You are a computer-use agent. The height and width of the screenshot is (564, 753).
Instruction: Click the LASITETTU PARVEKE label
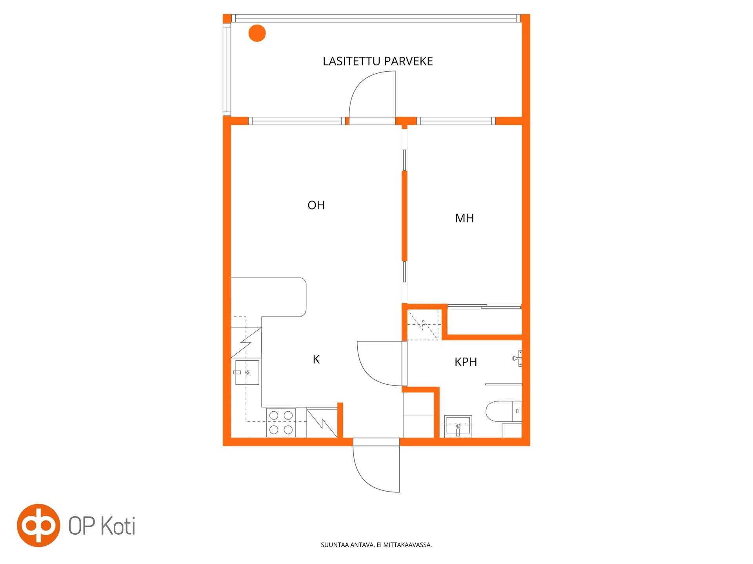point(378,61)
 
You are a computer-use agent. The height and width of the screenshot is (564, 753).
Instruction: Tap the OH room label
point(316,205)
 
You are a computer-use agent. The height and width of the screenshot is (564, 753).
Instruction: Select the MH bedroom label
point(464,218)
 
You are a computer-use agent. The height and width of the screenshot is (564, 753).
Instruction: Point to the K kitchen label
point(316,359)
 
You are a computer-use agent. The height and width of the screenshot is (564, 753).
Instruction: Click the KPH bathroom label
point(466,362)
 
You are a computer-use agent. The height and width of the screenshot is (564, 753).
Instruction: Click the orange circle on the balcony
point(257,33)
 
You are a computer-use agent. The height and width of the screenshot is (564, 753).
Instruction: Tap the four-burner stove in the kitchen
point(281,422)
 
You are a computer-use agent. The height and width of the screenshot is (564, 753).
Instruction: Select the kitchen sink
point(247,372)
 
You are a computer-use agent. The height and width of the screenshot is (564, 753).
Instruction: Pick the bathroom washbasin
point(458,426)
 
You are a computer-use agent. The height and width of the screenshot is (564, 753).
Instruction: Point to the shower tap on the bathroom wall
point(517,358)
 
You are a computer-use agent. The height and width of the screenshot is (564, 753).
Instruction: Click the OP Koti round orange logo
point(38,525)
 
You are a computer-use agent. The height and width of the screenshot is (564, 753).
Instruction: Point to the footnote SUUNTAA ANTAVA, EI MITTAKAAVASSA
point(376,545)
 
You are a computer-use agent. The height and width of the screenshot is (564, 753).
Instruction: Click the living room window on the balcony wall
point(297,121)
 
